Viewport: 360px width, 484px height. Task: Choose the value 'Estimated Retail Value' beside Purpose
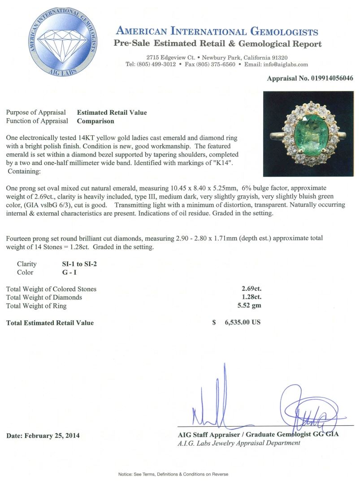tap(112, 112)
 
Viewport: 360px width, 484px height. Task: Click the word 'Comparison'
tap(95, 121)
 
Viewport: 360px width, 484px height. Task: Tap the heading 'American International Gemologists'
tap(217, 31)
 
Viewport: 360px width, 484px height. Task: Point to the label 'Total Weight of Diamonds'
tap(44, 298)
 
